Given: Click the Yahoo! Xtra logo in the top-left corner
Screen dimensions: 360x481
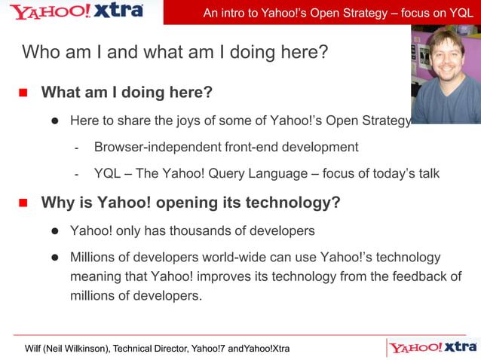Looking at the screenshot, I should [x=75, y=11].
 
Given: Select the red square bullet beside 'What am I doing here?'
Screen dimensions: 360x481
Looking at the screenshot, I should [x=23, y=93].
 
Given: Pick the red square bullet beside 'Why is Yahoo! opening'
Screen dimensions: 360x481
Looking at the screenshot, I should [x=23, y=203].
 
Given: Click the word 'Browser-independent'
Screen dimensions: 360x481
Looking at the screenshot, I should [x=158, y=147].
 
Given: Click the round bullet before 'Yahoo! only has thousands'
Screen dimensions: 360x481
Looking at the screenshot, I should [x=55, y=230].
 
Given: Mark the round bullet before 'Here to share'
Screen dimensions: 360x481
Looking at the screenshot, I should [x=55, y=121].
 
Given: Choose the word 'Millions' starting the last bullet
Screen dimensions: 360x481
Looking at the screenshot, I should [x=96, y=258].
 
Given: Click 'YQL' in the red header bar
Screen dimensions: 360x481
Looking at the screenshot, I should [x=458, y=13].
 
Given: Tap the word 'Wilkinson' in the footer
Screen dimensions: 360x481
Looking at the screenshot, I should [x=84, y=349].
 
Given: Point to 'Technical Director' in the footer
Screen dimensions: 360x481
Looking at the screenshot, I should [x=149, y=349].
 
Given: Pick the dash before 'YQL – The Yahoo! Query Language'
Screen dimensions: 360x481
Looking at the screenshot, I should [x=77, y=174].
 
